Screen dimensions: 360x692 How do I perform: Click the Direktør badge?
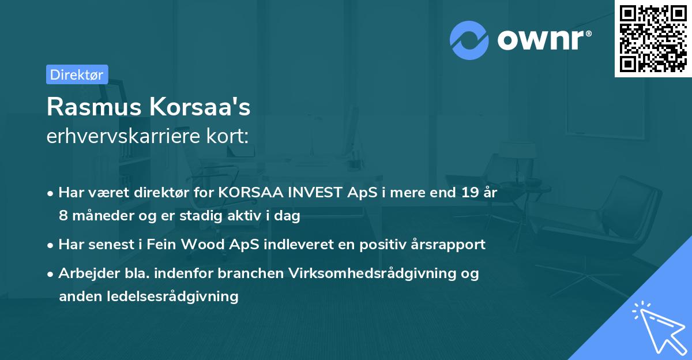[77, 74]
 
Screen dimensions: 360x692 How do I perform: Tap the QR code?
[652, 38]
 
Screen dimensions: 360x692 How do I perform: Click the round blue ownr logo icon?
[469, 40]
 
